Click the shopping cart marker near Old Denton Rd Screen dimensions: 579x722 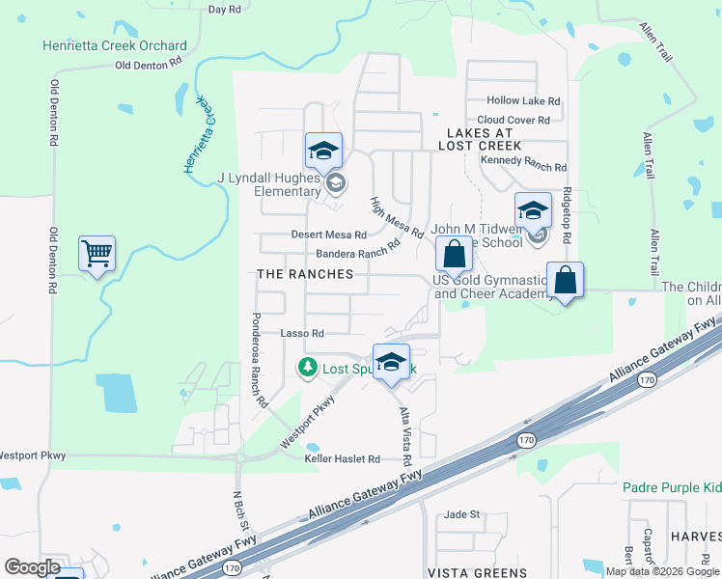[x=97, y=254]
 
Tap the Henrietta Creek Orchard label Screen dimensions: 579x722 [x=115, y=45]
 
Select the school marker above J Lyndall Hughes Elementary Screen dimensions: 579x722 [x=323, y=151]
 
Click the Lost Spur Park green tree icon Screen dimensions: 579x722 [x=307, y=367]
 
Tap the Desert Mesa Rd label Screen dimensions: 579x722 [x=329, y=234]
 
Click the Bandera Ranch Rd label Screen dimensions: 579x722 [x=357, y=252]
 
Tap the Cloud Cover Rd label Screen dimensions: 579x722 [x=514, y=120]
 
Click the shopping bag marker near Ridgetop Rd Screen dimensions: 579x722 [x=566, y=281]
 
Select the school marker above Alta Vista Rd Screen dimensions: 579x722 [x=391, y=362]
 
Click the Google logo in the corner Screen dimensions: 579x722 [x=32, y=566]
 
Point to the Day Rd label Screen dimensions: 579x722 [x=224, y=9]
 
